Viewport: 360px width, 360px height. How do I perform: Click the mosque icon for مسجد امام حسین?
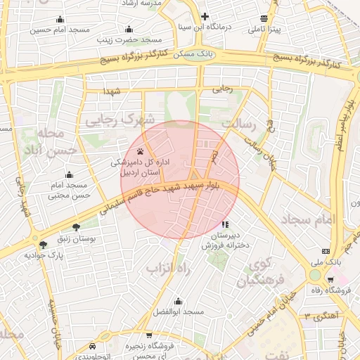59,19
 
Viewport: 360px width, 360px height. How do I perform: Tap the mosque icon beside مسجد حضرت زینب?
129,29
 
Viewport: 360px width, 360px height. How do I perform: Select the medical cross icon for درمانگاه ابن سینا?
205,16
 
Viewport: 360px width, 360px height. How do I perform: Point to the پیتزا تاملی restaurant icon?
264,18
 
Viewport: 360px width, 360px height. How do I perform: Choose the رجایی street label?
223,89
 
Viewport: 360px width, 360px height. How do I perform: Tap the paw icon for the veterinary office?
141,150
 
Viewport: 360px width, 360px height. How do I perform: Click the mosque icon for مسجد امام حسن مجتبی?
69,174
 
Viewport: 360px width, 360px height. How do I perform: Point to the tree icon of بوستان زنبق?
76,227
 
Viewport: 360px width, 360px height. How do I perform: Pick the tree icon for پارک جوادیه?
44,245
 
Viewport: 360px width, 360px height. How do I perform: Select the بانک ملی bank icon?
326,250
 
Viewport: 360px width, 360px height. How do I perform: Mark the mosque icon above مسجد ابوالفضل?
179,300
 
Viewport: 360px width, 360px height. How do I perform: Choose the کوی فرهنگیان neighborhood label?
258,274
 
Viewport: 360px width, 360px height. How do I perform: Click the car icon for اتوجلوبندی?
94,347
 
